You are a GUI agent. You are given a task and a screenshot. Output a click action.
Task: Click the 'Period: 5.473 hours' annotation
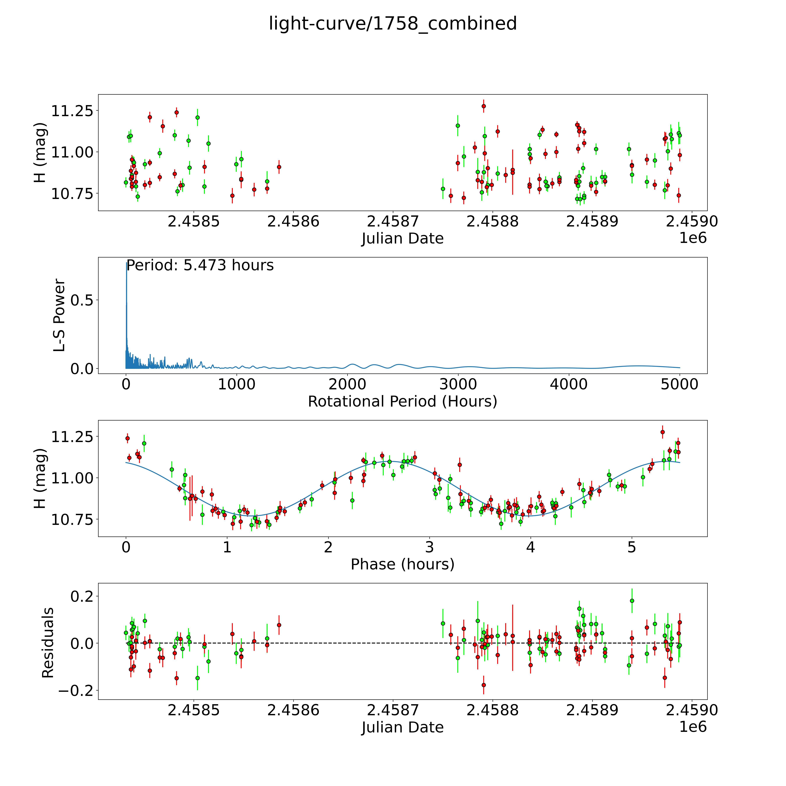pos(200,265)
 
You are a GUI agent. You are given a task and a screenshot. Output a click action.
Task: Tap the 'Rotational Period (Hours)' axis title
pos(402,402)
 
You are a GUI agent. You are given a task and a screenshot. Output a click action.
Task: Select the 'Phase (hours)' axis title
pos(402,564)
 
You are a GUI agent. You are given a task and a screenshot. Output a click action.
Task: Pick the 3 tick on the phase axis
pos(429,547)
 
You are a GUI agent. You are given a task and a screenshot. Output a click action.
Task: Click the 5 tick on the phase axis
pos(631,547)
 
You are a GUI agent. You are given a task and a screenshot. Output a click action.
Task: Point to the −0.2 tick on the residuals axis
pos(76,690)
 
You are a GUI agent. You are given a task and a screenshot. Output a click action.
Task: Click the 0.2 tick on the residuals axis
pos(82,596)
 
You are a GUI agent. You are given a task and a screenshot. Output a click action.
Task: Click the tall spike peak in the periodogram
pos(126,263)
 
